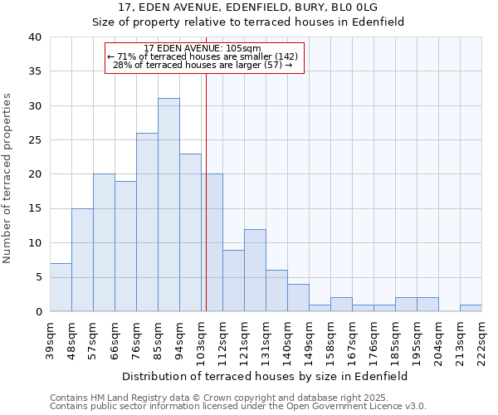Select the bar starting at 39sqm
(x=61, y=287)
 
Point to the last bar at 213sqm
(x=471, y=308)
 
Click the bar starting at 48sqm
(x=82, y=260)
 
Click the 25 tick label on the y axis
(x=36, y=140)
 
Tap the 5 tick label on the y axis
(x=38, y=277)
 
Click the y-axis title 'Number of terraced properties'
(x=8, y=178)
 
